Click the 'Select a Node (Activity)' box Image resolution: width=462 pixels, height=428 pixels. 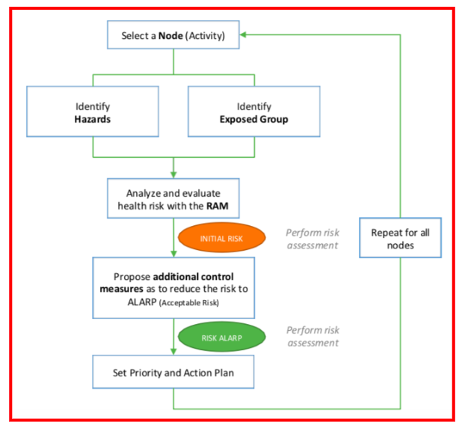(173, 35)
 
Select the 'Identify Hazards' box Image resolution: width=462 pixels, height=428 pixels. (93, 111)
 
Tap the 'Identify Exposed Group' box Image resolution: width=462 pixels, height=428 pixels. (254, 111)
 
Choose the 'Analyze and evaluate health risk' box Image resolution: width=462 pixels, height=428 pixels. (173, 198)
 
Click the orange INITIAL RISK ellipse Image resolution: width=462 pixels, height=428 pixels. (222, 237)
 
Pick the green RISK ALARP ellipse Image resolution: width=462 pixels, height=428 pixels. (222, 337)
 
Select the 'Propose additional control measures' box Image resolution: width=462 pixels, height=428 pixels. (173, 288)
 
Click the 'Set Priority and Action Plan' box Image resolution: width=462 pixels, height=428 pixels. (173, 372)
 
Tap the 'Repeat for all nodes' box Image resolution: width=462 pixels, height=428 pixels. (401, 238)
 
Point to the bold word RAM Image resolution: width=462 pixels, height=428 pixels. (218, 206)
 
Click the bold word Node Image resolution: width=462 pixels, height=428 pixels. (170, 36)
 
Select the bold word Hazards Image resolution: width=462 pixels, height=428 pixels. (93, 119)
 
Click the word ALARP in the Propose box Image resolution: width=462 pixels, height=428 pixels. (142, 302)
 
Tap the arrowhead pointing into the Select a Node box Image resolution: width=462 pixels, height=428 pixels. (243, 35)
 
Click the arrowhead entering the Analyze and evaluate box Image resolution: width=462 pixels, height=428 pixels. (173, 175)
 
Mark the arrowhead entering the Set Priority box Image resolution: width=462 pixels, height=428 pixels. (173, 352)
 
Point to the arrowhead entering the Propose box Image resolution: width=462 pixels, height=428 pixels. (173, 254)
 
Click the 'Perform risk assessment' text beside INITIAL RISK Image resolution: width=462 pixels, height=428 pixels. (312, 239)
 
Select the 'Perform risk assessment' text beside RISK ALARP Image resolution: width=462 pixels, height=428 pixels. (313, 337)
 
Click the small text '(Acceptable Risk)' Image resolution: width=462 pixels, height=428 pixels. (189, 303)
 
